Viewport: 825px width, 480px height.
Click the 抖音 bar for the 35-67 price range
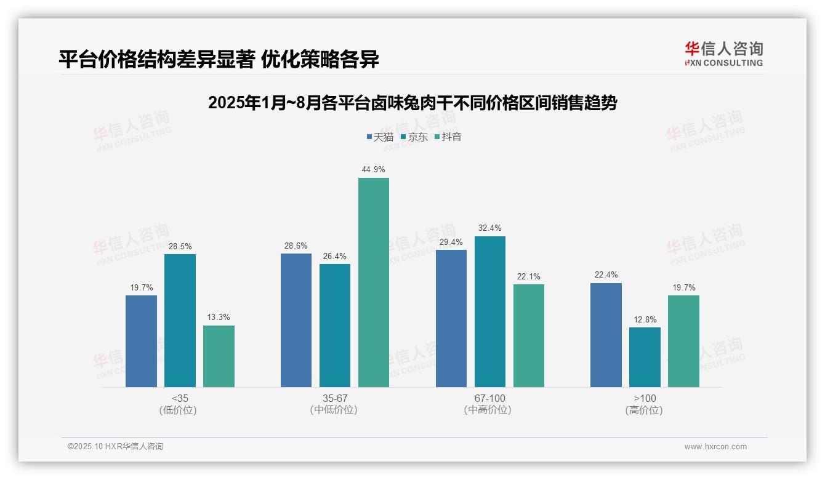pos(374,282)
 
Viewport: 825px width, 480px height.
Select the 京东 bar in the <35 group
pos(180,321)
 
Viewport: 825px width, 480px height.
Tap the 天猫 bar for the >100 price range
pos(606,335)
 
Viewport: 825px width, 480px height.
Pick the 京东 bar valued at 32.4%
pos(489,311)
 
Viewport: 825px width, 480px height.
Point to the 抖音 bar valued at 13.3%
pos(219,356)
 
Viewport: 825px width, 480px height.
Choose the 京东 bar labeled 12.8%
pos(645,357)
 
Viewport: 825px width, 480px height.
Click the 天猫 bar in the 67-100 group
pos(451,318)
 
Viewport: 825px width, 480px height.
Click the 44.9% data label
pos(374,170)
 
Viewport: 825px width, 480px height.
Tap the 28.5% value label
pos(180,246)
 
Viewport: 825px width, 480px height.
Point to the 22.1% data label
pos(528,276)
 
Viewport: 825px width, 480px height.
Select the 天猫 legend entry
pos(380,137)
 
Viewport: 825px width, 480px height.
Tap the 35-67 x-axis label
pos(335,398)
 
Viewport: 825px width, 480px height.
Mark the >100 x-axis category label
pos(645,398)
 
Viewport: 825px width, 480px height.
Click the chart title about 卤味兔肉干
pos(412,103)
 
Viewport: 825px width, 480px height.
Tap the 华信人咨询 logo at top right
pos(723,54)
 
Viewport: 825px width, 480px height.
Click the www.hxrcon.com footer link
pos(715,447)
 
